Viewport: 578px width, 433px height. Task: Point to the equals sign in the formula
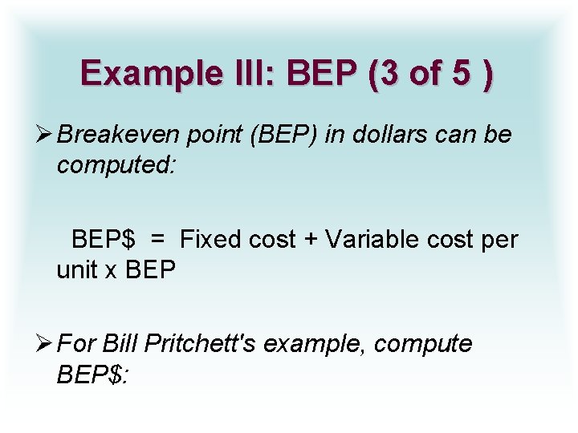pyautogui.click(x=157, y=239)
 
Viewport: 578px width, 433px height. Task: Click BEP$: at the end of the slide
pyautogui.click(x=92, y=374)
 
